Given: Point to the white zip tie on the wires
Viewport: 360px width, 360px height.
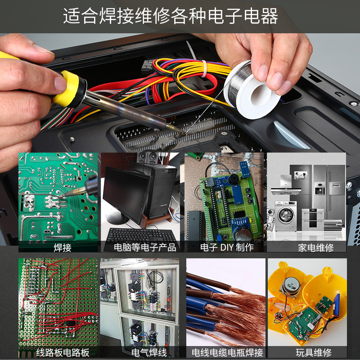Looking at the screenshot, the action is (x=204, y=68).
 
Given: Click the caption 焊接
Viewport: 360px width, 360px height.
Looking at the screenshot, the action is (x=63, y=248).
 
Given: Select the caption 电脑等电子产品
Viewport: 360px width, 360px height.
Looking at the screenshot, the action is (x=145, y=247).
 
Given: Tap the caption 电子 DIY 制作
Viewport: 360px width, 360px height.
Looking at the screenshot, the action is (x=227, y=247).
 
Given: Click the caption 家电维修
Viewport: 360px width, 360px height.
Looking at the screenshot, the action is (x=316, y=248).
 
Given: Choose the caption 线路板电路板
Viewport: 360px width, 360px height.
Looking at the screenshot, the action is (x=63, y=353).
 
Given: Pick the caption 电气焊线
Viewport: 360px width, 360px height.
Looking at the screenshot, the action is (x=149, y=353).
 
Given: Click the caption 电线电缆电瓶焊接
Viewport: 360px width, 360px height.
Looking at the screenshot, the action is (x=227, y=353).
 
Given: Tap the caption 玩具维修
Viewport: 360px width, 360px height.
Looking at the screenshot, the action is (x=314, y=353).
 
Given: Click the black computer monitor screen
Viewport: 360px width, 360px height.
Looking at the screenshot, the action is (x=126, y=193).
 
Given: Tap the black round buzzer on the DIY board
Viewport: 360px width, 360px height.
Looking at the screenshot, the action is (x=233, y=179).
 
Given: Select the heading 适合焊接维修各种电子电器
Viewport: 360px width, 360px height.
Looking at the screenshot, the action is (x=171, y=16).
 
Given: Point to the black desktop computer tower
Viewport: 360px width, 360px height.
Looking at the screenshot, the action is (x=161, y=190).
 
